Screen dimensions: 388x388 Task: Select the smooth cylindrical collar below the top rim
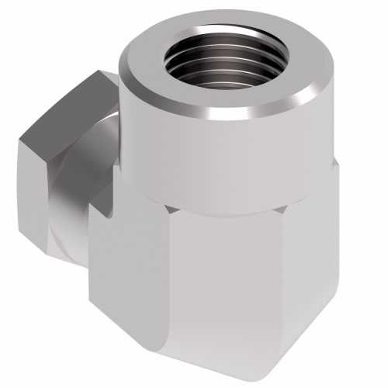pos(225,155)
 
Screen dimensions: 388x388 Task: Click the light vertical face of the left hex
pos(42,194)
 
